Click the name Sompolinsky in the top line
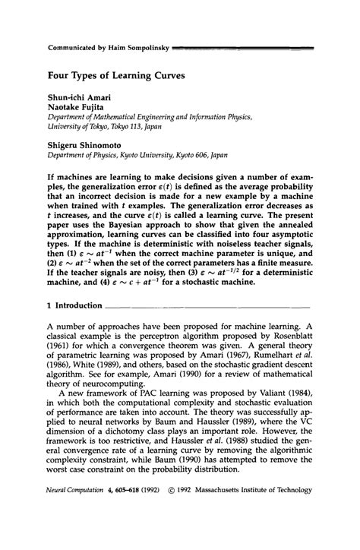(143, 46)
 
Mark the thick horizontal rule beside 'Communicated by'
(242, 46)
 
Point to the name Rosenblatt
(287, 363)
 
